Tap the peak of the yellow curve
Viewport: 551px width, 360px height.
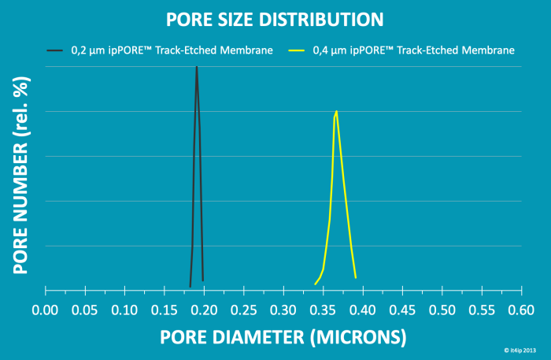(336, 111)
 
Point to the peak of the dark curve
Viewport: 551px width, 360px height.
(197, 68)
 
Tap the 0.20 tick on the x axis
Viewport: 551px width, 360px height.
(204, 310)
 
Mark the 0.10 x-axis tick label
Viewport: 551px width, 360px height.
(124, 310)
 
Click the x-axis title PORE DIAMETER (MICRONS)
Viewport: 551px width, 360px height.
(283, 337)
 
